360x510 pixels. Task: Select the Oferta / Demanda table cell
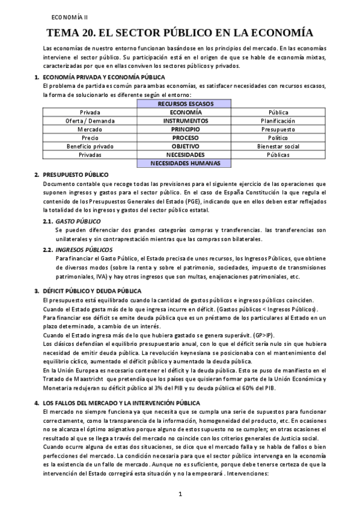coord(90,120)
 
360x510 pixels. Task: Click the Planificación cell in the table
coord(277,120)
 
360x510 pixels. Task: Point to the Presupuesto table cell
coord(277,129)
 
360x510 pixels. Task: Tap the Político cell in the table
coord(277,137)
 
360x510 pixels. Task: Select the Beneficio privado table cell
coord(90,146)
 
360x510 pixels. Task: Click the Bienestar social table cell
coord(277,146)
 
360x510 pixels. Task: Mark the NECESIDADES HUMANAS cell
coord(185,162)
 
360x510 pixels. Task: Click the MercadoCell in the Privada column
coord(90,129)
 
